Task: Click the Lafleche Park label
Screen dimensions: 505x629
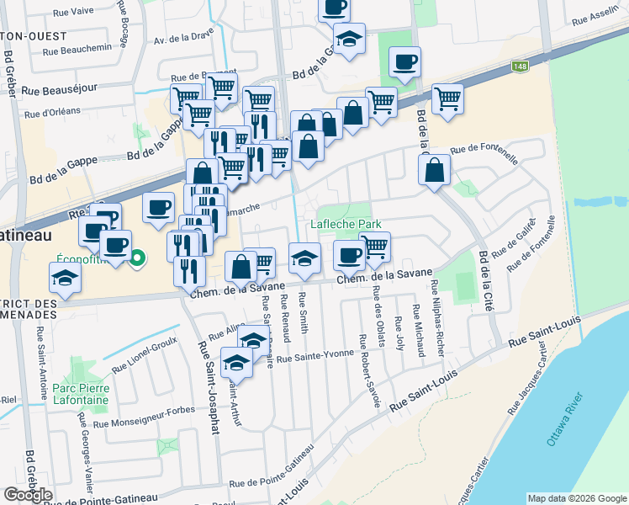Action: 346,224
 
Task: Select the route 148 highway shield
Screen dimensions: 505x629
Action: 521,65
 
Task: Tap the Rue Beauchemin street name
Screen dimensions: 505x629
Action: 71,49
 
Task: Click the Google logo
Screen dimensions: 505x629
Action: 28,494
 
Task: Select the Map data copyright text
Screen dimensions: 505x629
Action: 577,498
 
